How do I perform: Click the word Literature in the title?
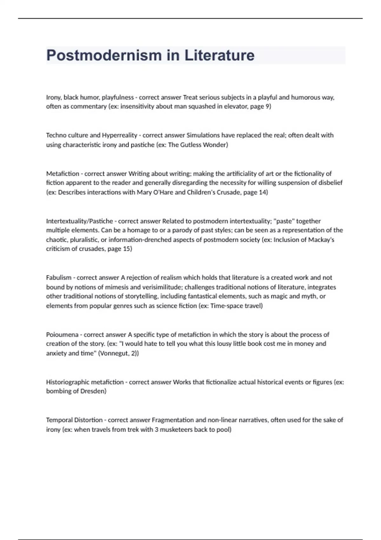click(x=219, y=56)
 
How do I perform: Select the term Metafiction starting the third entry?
click(x=63, y=173)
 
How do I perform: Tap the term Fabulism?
click(x=59, y=278)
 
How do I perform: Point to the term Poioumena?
click(x=62, y=334)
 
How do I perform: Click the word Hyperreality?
click(x=119, y=135)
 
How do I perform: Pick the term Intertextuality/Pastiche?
click(x=79, y=221)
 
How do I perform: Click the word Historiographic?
click(x=67, y=382)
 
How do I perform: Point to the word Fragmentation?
click(x=173, y=420)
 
